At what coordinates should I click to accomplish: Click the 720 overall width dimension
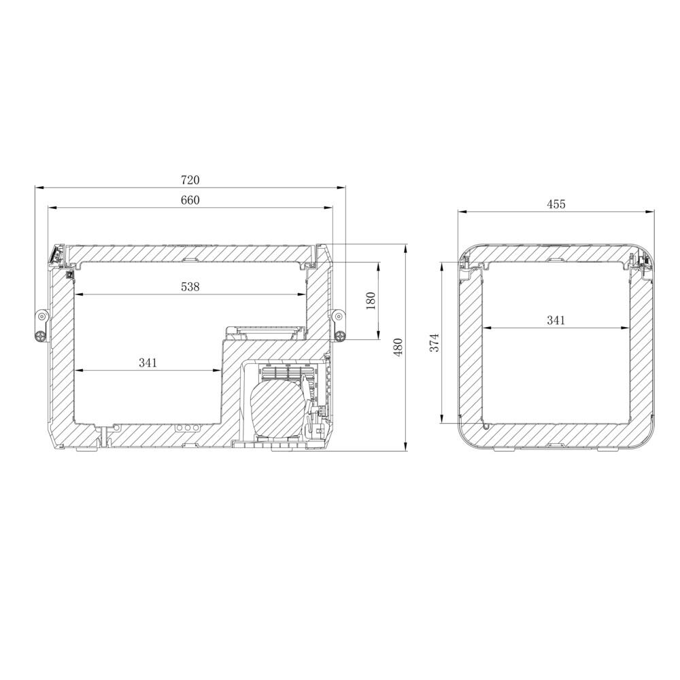coord(190,180)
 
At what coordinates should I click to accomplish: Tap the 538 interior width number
coord(190,287)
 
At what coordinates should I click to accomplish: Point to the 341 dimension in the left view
coord(148,363)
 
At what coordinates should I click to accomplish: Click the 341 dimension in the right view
coord(556,320)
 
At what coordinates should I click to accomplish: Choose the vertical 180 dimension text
coord(371,300)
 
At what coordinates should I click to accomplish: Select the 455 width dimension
coord(556,204)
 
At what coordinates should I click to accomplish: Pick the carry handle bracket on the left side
coord(41,325)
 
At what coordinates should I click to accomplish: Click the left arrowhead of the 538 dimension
coord(78,294)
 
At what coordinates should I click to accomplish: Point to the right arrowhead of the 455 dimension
coord(651,211)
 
